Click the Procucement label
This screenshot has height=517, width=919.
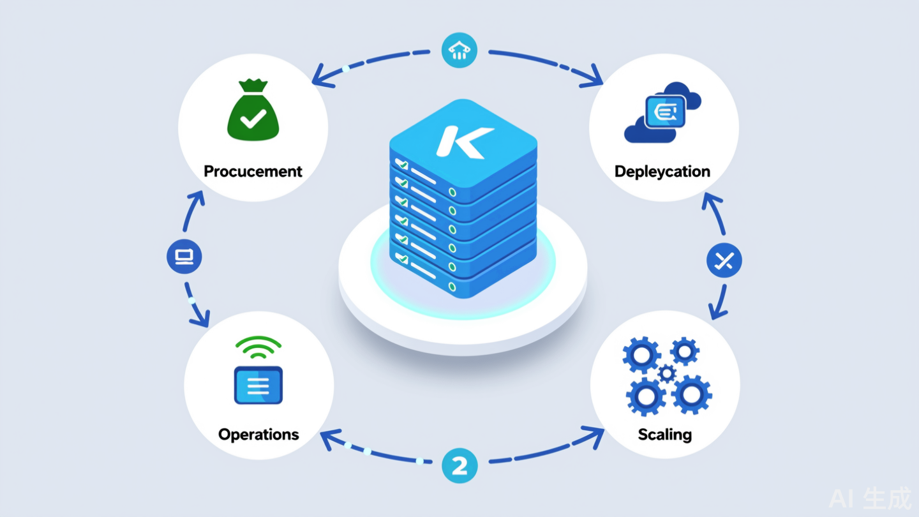[253, 171]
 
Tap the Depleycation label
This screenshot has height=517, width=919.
[662, 171]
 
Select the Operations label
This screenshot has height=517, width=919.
[258, 435]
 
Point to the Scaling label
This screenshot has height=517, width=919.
[664, 435]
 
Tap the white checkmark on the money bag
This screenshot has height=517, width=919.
[253, 119]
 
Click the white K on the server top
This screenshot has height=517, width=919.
[464, 141]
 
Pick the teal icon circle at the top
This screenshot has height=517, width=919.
[459, 51]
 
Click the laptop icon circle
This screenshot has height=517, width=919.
[184, 257]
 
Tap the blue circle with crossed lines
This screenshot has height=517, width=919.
[724, 260]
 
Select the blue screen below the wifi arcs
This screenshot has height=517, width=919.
[258, 385]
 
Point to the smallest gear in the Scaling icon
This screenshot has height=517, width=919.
[667, 373]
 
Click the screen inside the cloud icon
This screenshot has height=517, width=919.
[665, 112]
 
